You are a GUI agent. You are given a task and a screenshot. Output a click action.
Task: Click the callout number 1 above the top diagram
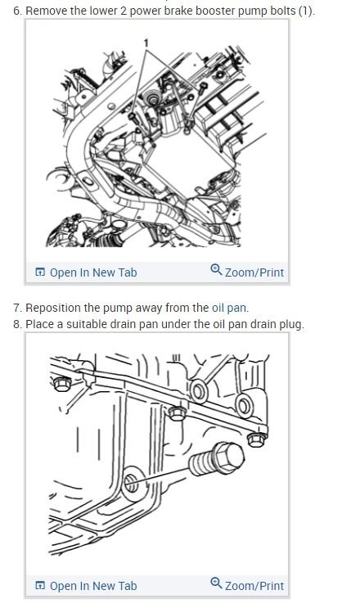pos(146,43)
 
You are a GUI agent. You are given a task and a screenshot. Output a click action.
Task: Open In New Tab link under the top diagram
pos(87,272)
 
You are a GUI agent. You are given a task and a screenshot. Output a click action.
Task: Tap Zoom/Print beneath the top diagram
pos(247,272)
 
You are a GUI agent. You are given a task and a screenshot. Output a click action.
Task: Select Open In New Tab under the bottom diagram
pos(87,586)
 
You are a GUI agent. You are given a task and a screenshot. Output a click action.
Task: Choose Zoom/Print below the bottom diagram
pos(247,585)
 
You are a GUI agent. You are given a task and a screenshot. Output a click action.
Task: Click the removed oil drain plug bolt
pos(217,459)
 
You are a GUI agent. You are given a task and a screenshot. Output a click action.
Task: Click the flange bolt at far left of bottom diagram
pos(62,384)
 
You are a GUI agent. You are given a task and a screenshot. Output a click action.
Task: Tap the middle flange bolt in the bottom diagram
pos(177,413)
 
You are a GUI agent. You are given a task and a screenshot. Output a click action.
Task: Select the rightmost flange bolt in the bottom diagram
pos(257,439)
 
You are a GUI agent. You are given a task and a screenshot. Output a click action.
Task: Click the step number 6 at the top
pos(18,11)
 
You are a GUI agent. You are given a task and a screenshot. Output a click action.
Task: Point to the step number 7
pos(18,308)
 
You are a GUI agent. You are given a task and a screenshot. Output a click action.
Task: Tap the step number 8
pos(18,324)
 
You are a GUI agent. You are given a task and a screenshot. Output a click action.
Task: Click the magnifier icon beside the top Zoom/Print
pos(216,269)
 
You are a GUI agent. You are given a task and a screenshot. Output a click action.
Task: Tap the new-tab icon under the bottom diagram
pos(40,586)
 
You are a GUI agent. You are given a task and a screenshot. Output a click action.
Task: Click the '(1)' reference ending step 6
pos(306,11)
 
